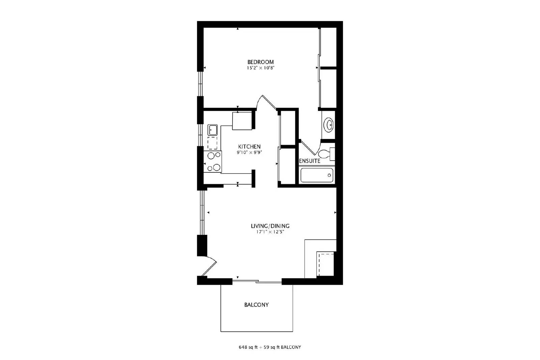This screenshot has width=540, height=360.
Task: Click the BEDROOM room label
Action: point(260,62)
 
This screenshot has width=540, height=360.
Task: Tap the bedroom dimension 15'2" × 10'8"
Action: point(260,68)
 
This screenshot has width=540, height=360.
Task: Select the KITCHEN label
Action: point(249,147)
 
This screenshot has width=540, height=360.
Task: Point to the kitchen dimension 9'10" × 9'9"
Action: point(249,153)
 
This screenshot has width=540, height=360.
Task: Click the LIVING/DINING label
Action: point(270,226)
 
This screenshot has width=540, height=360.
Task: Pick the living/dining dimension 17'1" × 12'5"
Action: point(270,232)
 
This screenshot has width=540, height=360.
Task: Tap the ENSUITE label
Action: point(310,161)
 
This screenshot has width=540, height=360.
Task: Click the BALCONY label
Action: point(256,305)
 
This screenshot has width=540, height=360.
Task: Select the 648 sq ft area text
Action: point(248,347)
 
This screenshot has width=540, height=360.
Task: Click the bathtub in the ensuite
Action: point(317,175)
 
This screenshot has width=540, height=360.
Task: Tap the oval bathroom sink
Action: point(328,125)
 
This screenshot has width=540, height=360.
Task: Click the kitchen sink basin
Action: point(213,130)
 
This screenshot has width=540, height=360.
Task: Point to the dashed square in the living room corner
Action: point(325,264)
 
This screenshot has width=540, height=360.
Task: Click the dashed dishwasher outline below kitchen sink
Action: point(213,143)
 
